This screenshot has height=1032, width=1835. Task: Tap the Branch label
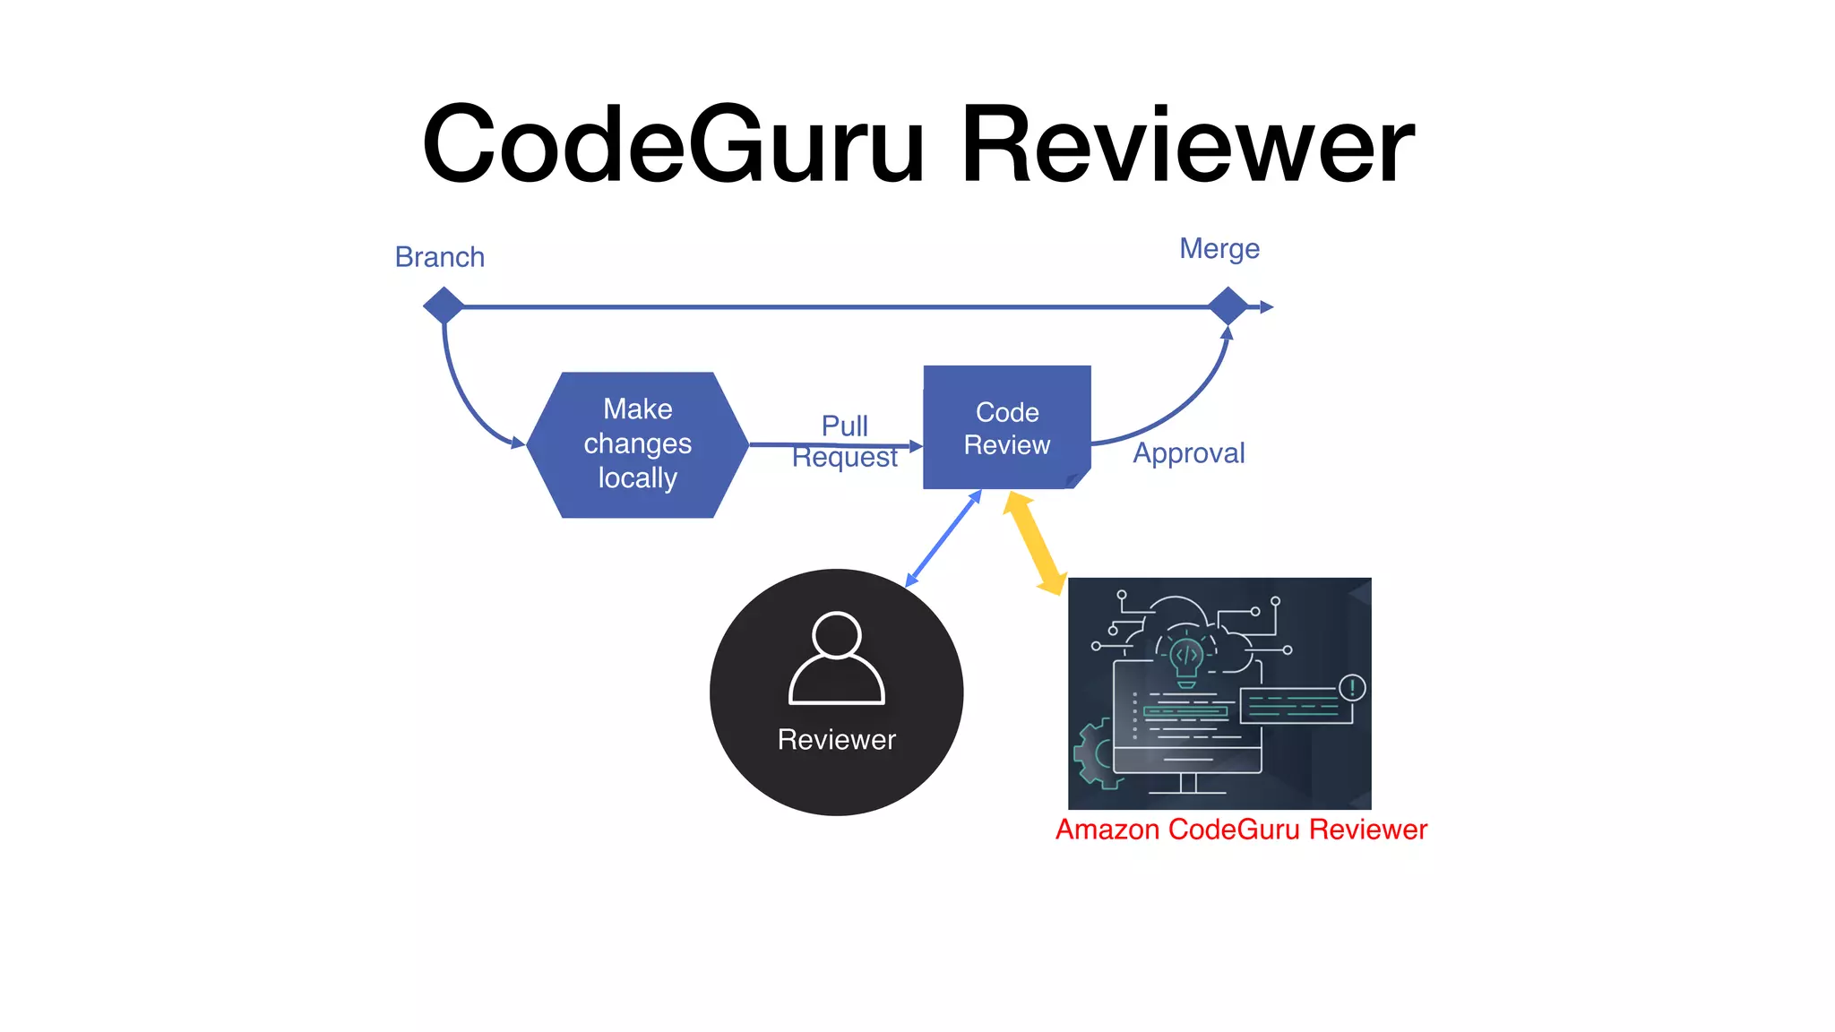tap(439, 257)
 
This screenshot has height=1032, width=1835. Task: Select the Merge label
tap(1219, 248)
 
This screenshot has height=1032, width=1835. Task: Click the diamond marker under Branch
tap(444, 306)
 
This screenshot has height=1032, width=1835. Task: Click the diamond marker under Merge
tap(1228, 306)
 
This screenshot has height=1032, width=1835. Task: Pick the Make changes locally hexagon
tap(637, 444)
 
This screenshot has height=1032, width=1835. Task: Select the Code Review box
tap(1006, 427)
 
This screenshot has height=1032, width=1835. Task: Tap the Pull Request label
tap(844, 441)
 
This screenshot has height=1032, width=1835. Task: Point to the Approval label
tap(1188, 453)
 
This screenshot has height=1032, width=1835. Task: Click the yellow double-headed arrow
tap(1034, 543)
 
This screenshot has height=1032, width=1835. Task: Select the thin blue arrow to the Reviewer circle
tap(943, 539)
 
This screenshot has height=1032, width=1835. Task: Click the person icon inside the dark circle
tap(836, 660)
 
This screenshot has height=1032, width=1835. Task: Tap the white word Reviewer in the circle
tap(836, 740)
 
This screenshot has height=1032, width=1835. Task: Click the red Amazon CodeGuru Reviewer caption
tap(1241, 830)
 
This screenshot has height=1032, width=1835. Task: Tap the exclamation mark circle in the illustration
tap(1352, 688)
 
